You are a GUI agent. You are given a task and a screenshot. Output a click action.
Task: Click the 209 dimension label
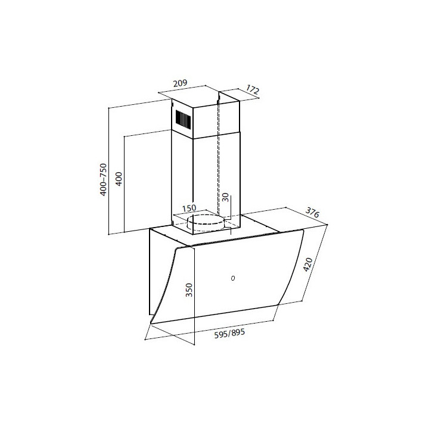click(x=181, y=83)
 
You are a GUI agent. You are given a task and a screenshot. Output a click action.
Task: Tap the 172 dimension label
click(x=252, y=89)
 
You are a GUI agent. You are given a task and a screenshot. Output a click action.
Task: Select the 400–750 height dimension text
click(x=103, y=179)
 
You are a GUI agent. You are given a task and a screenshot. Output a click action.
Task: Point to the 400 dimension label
click(x=119, y=179)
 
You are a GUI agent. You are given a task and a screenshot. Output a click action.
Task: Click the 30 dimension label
click(x=225, y=197)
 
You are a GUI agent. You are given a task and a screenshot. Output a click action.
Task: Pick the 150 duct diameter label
click(x=189, y=208)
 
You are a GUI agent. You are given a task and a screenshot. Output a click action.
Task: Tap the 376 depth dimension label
click(x=312, y=212)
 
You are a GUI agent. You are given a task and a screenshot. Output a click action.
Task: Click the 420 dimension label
click(x=308, y=265)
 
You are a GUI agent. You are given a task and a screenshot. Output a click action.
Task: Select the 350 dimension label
click(x=189, y=290)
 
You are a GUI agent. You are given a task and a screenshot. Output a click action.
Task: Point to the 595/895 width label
click(x=229, y=333)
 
